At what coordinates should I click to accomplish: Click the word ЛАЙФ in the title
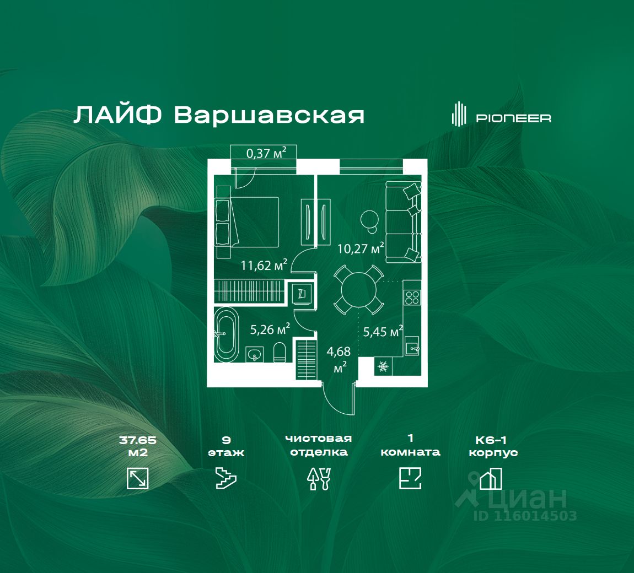click(x=117, y=115)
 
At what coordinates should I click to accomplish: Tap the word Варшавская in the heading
click(x=269, y=115)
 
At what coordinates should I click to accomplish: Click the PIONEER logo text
click(x=513, y=118)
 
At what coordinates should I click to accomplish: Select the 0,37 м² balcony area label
click(x=266, y=153)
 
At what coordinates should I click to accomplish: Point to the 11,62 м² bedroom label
click(x=264, y=265)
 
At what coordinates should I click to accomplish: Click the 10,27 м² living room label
click(x=361, y=248)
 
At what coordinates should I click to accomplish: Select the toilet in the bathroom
click(x=280, y=352)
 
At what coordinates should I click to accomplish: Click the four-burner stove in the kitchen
click(x=412, y=298)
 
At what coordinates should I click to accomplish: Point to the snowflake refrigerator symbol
click(x=383, y=366)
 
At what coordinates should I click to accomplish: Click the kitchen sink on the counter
click(x=412, y=347)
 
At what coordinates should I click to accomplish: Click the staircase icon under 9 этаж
click(x=226, y=478)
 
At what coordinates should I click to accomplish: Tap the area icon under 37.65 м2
click(x=137, y=478)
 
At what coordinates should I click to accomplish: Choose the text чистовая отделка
click(x=319, y=445)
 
